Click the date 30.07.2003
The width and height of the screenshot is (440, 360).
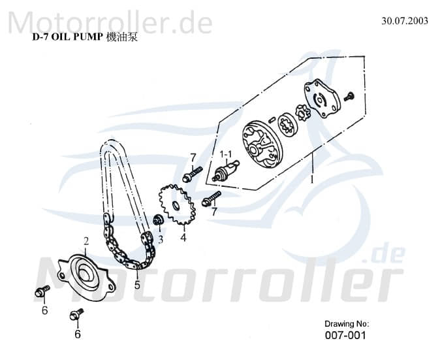click(405, 20)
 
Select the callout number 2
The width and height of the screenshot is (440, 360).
click(86, 242)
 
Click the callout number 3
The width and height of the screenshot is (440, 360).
click(160, 240)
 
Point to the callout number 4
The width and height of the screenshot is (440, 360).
click(183, 238)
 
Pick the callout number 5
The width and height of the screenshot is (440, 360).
click(137, 285)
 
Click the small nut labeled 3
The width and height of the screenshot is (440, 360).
click(157, 220)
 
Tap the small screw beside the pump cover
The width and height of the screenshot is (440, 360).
click(349, 96)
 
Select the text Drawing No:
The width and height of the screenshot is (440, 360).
click(347, 323)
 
